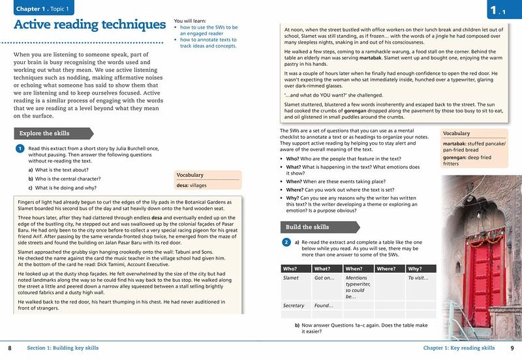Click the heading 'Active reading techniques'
(x=89, y=25)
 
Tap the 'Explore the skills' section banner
(x=45, y=133)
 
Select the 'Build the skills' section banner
(x=307, y=227)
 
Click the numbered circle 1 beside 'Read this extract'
(x=20, y=149)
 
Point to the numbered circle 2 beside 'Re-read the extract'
(x=286, y=243)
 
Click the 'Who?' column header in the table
(x=290, y=268)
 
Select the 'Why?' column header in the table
(x=414, y=268)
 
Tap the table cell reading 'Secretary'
(x=294, y=305)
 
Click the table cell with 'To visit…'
(x=418, y=278)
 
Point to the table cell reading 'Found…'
(x=324, y=305)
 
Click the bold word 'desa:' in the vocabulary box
(x=183, y=185)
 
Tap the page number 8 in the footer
(x=9, y=348)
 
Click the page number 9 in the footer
(x=512, y=348)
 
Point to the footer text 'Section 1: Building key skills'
(x=68, y=348)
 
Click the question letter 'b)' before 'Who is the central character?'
(x=31, y=179)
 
